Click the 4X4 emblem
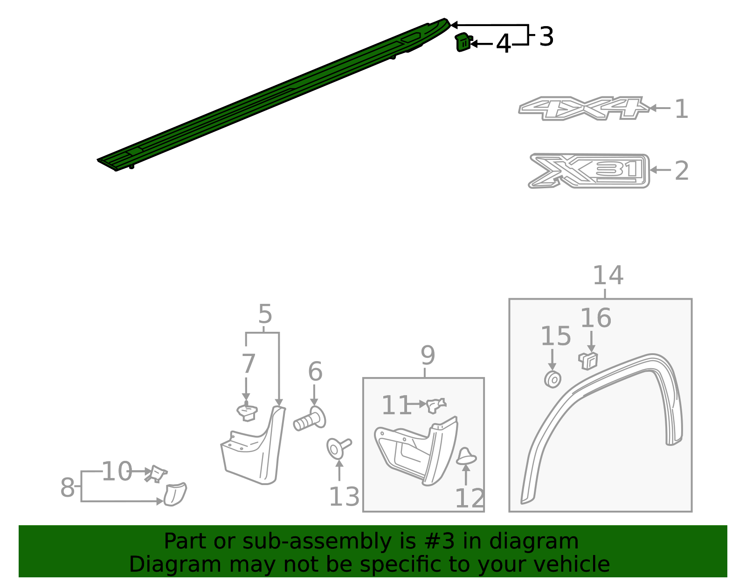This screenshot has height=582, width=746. click(583, 108)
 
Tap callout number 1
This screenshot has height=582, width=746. click(681, 109)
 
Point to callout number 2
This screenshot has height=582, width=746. click(681, 171)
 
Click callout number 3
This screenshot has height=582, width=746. click(546, 36)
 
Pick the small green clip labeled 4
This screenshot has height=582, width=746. click(463, 42)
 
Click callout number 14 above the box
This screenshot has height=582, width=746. click(608, 275)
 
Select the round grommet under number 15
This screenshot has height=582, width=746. click(553, 379)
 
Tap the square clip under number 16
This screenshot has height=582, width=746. click(588, 360)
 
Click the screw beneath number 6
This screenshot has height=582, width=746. click(309, 419)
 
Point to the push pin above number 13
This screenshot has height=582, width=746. click(338, 448)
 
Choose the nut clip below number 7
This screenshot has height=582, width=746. click(247, 412)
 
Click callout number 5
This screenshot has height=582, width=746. click(265, 314)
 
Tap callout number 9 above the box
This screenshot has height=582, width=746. click(428, 356)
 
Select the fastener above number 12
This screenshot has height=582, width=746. click(466, 456)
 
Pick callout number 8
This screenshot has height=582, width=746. click(67, 487)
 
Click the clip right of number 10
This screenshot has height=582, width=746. click(157, 474)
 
